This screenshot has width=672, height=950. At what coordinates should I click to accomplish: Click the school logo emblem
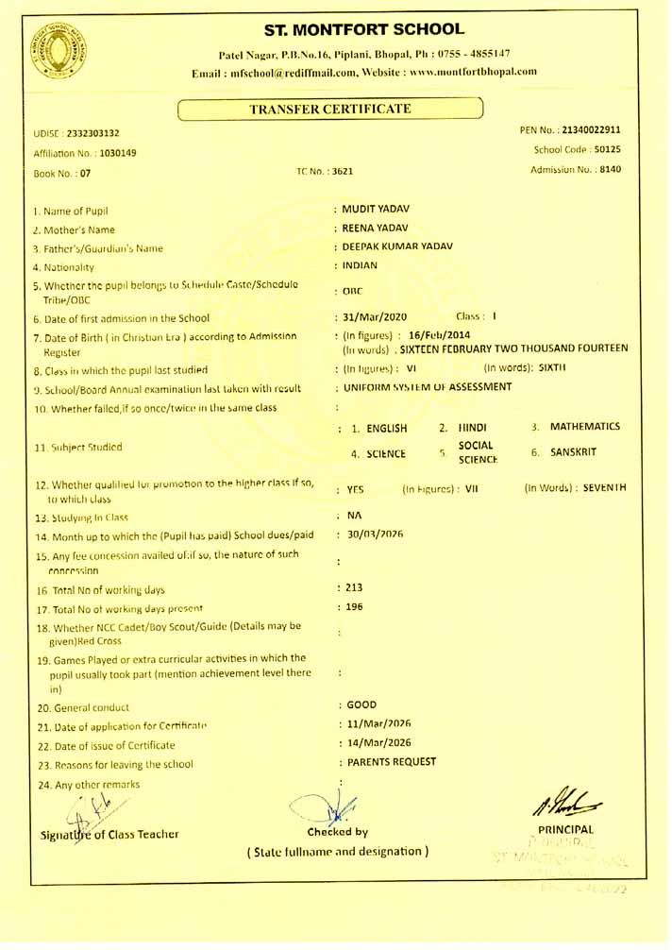59,50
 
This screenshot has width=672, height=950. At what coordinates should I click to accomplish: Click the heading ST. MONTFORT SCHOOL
364,30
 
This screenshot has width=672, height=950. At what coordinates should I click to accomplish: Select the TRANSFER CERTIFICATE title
329,109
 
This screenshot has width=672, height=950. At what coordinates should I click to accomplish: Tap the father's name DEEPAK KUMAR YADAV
397,246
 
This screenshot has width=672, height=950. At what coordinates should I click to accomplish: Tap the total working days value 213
354,587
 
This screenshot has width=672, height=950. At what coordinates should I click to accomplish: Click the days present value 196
354,606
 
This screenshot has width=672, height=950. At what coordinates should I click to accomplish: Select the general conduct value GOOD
361,704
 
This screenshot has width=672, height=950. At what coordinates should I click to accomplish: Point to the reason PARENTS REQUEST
392,761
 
